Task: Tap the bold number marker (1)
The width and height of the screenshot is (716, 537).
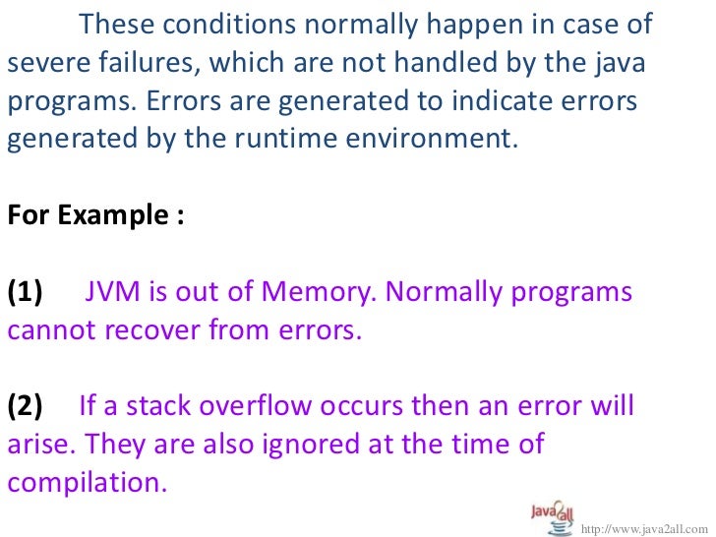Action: coord(26,292)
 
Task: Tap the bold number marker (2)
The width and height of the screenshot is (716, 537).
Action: coord(26,405)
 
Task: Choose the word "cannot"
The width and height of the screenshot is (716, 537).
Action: coord(49,330)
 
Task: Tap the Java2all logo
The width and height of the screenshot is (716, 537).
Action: coord(545,516)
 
